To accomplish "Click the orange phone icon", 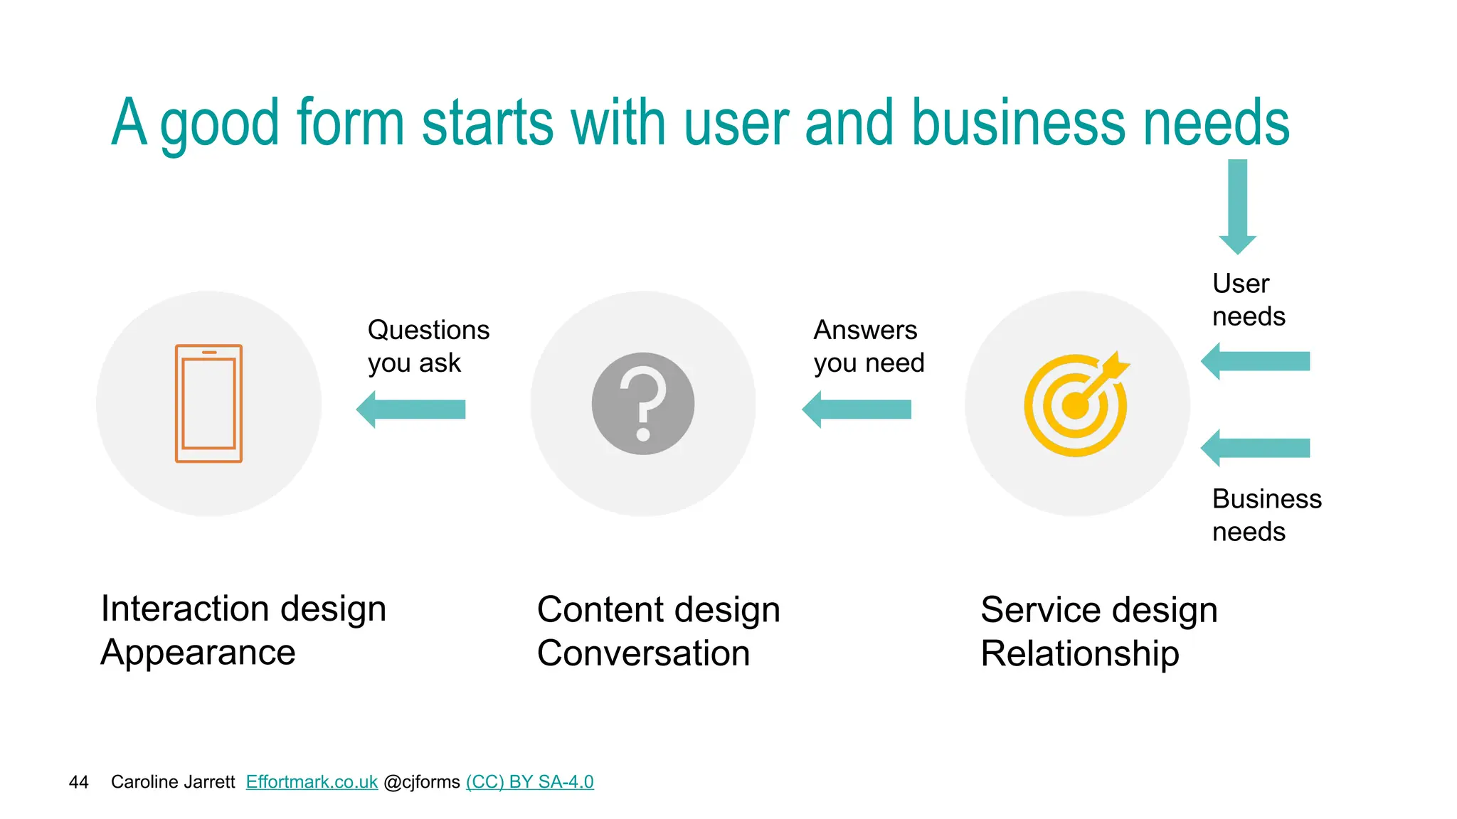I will pyautogui.click(x=208, y=403).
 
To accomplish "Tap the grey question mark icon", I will pyautogui.click(x=642, y=403).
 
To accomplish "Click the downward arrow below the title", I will pyautogui.click(x=1237, y=206).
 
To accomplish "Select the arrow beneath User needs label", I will pyautogui.click(x=1256, y=361).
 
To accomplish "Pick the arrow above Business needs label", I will pyautogui.click(x=1256, y=448).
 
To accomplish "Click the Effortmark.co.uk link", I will pyautogui.click(x=312, y=782).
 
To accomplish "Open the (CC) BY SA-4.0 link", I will pyautogui.click(x=529, y=782).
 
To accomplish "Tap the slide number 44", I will pyautogui.click(x=78, y=783).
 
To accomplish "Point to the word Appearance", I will pyautogui.click(x=198, y=653).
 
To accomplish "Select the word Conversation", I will pyautogui.click(x=643, y=653).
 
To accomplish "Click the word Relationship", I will pyautogui.click(x=1079, y=653).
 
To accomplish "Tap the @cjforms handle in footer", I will pyautogui.click(x=422, y=782).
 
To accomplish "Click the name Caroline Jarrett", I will pyautogui.click(x=173, y=782).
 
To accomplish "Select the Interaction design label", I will pyautogui.click(x=243, y=609).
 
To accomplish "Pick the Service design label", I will pyautogui.click(x=1098, y=610).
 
